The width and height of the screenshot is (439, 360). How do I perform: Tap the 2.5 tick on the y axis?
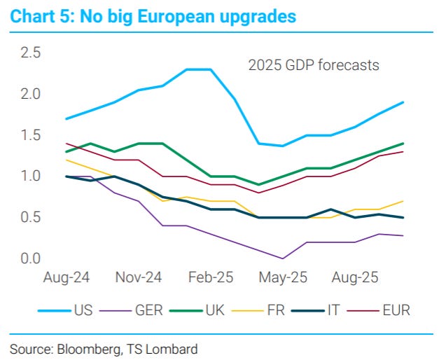pyautogui.click(x=31, y=53)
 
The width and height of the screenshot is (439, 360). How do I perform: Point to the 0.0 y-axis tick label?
pyautogui.click(x=31, y=258)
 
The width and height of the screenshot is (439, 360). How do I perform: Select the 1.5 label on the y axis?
pyautogui.click(x=31, y=135)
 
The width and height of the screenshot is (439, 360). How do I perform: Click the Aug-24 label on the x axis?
pyautogui.click(x=67, y=278)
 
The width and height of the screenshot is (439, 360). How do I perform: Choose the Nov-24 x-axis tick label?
pyautogui.click(x=139, y=278)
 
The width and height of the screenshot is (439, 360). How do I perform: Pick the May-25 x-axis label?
pyautogui.click(x=283, y=278)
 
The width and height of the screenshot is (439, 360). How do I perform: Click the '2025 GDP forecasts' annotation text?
pyautogui.click(x=314, y=66)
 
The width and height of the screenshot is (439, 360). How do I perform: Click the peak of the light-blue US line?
pyautogui.click(x=199, y=69)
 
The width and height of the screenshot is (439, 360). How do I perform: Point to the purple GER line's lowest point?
pyautogui.click(x=283, y=258)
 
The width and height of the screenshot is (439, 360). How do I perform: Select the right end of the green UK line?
pyautogui.click(x=403, y=143)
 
